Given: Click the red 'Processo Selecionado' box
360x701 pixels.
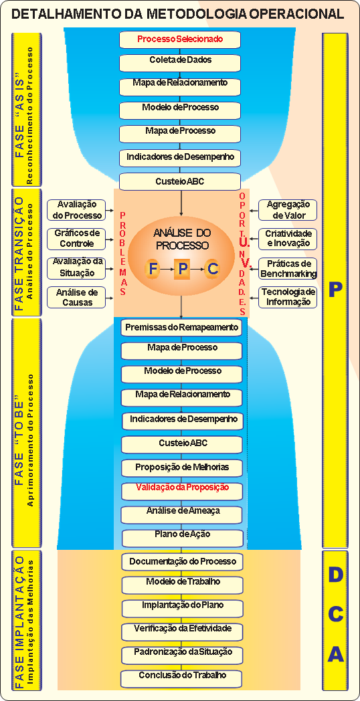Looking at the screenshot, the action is click(180, 39).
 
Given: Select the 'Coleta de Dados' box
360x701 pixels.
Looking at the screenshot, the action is click(180, 60).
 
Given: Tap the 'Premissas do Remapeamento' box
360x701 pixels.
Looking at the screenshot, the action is click(181, 327).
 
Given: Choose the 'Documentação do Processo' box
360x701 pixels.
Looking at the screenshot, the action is click(183, 561).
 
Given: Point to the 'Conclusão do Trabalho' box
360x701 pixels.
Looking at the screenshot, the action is click(183, 676).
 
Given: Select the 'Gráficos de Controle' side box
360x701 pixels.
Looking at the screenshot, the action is click(76, 239).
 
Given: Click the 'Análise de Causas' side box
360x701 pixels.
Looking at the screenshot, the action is click(76, 297).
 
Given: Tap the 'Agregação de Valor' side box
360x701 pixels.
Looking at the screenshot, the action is click(288, 210).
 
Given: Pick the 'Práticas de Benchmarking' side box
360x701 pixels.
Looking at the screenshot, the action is click(288, 268).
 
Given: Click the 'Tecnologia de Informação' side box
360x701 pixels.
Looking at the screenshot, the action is click(288, 297).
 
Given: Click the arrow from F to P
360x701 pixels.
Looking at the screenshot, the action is click(167, 270).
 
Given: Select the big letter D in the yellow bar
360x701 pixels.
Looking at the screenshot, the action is click(335, 576).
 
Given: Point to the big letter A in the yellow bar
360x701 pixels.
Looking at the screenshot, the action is click(335, 654).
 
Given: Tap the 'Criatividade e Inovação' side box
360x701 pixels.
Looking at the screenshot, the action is click(288, 239).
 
